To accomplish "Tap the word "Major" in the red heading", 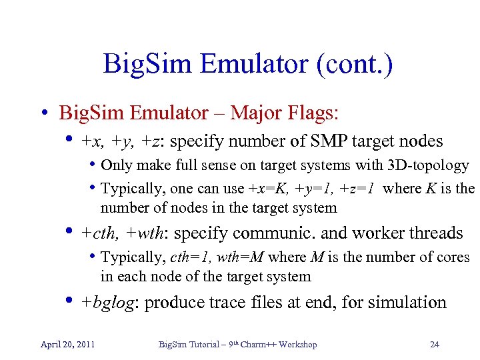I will pos(257,113).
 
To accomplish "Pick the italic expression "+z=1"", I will pos(361,189).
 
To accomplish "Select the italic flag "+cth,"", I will pos(101,233).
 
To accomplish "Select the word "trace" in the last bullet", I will pos(214,303).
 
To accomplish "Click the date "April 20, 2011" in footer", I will pos(67,344).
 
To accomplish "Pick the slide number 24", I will pos(434,344).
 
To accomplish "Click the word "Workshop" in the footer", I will pos(298,344).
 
